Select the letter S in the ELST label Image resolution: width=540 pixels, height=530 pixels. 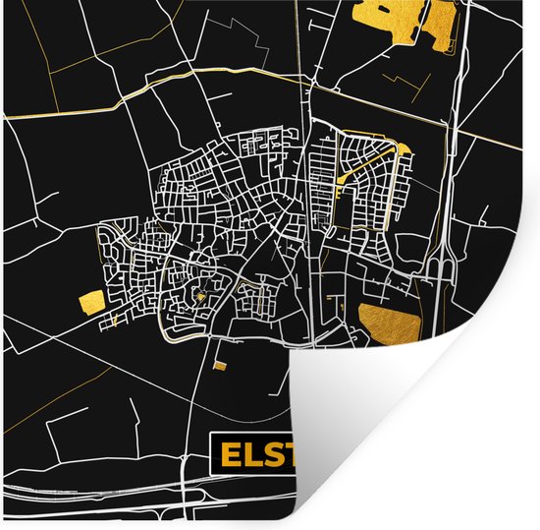click(269, 455)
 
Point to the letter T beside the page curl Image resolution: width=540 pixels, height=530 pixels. click(286, 455)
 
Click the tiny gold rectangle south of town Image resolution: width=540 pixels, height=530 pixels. click(220, 365)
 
